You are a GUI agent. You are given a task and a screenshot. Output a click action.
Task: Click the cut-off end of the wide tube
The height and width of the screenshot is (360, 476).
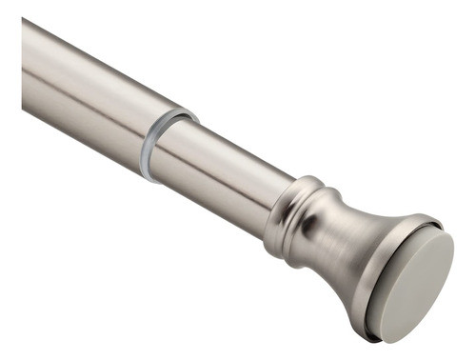click(x=23, y=57)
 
